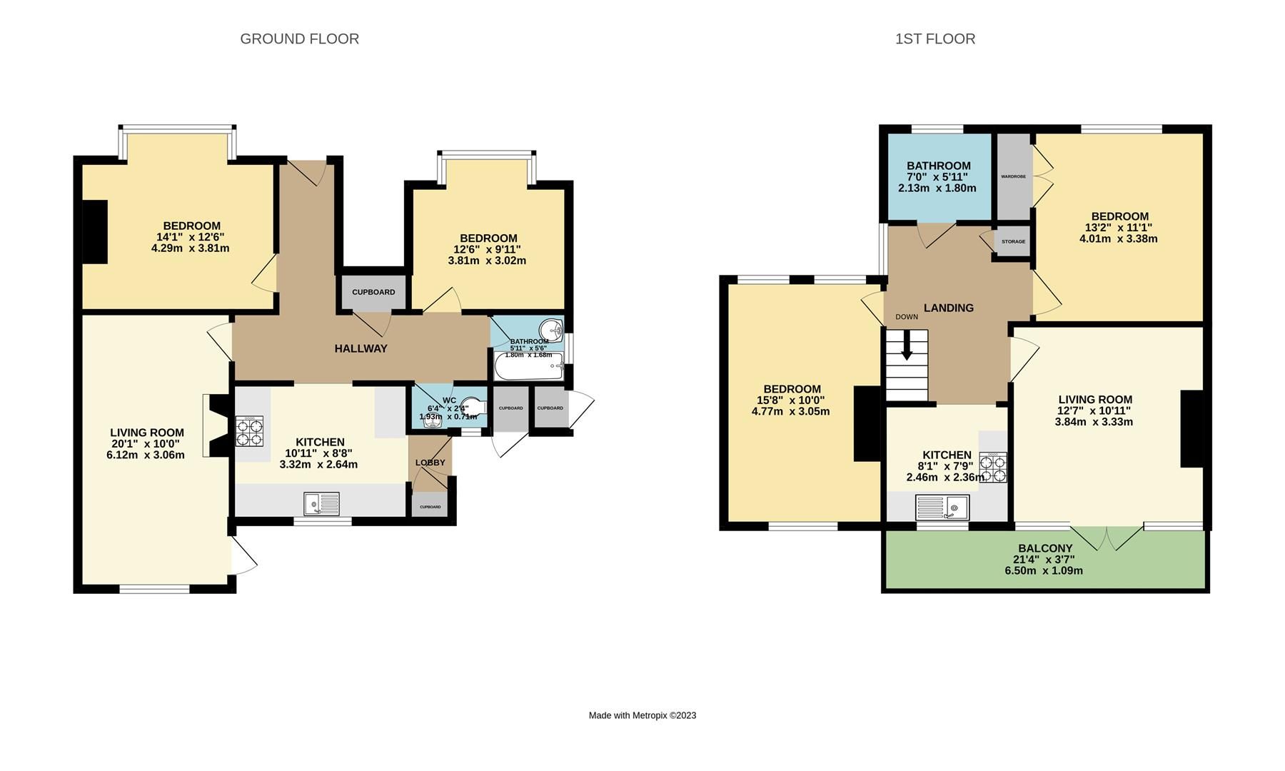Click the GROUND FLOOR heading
pos(299,39)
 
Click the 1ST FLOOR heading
pos(934,39)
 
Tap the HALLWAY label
pos(361,348)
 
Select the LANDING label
pos(948,308)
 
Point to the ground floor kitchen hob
pos(249,431)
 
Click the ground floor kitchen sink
pos(322,504)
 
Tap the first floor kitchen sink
pos(942,508)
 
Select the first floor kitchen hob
pos(993,468)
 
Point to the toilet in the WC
pos(472,405)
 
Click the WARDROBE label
pos(1013,176)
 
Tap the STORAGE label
pos(1013,241)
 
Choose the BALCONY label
pos(1045,548)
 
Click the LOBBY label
pos(430,463)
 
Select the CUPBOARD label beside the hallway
pos(373,292)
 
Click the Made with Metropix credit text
pos(642,715)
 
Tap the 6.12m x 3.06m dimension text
pos(146,455)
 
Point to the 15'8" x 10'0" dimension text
pos(791,400)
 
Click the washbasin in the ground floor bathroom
pos(550,331)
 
